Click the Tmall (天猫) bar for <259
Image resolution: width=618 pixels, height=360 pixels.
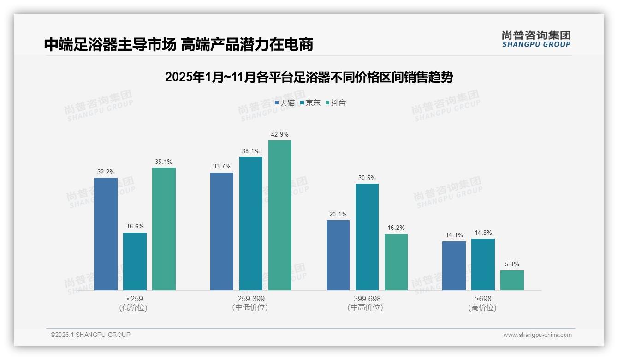106,234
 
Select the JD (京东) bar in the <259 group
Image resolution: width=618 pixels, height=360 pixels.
135,261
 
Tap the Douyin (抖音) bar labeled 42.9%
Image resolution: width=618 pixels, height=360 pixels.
280,215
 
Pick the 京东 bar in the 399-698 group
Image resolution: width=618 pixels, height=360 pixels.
367,237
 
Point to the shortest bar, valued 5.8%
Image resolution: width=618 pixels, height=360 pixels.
512,280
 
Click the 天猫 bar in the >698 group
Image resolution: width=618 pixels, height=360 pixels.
454,266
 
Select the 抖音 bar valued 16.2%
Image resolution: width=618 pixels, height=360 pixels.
396,262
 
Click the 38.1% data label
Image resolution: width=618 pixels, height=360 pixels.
250,151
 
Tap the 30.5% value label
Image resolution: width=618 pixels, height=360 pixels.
367,178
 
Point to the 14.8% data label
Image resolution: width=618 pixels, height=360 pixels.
483,233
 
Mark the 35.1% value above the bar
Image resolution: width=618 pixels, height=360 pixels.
164,162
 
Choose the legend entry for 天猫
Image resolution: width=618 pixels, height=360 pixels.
285,103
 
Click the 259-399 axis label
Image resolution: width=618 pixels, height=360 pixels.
250,299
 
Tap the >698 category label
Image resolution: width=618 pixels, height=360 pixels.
483,299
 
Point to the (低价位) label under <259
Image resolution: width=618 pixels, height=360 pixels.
133,308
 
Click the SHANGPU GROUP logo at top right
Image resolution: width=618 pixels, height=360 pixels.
536,39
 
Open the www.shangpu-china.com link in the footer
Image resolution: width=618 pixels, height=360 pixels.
537,335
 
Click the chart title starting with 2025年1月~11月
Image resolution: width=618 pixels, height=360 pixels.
309,77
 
